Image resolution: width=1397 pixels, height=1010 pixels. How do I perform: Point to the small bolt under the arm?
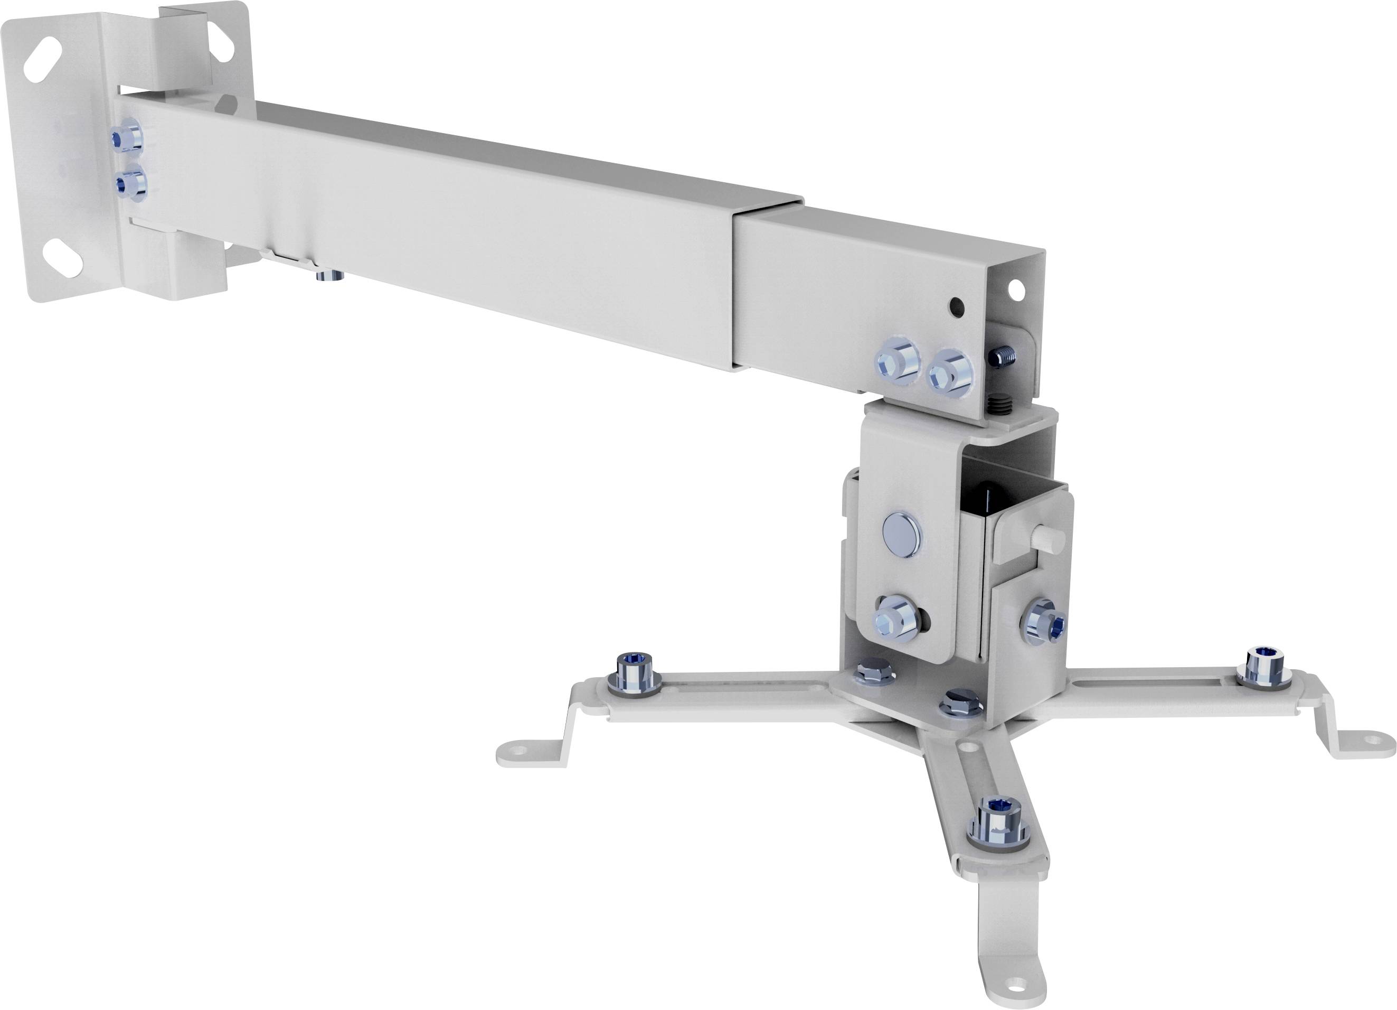pyautogui.click(x=329, y=275)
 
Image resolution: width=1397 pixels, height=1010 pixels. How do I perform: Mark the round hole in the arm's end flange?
pyautogui.click(x=1016, y=287)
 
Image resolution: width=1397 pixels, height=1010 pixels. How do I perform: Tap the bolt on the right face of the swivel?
pyautogui.click(x=1045, y=626)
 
